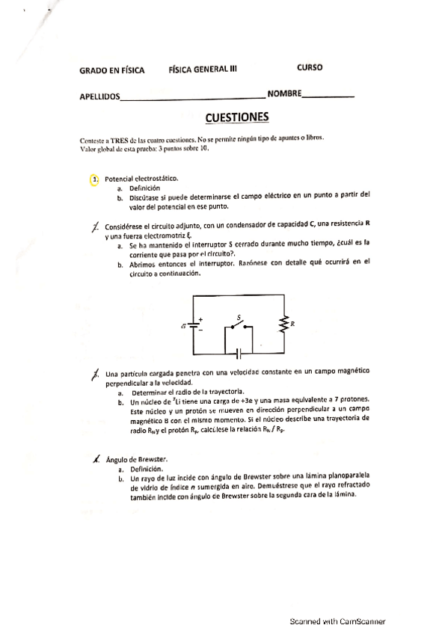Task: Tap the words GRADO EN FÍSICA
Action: tap(111, 70)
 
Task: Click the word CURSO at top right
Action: tap(310, 67)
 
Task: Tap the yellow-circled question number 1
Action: tap(94, 179)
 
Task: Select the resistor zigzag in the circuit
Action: tap(284, 324)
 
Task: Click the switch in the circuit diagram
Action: tap(239, 327)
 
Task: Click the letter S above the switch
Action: tap(239, 317)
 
